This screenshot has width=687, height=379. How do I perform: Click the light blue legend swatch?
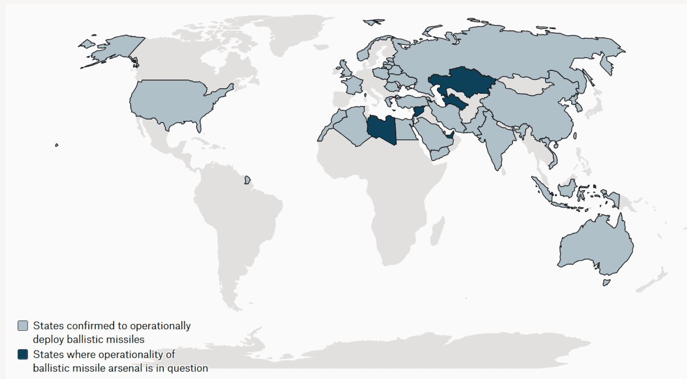coord(23,326)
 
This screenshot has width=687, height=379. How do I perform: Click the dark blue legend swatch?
coord(23,354)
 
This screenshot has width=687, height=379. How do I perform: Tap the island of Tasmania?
coord(607,282)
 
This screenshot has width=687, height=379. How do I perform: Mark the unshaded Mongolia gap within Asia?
coord(524,85)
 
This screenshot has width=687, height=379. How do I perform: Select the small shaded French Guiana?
coord(247,179)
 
